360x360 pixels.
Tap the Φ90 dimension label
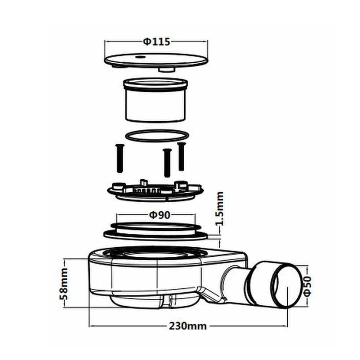coord(159,215)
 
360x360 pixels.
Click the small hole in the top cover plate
coord(139,57)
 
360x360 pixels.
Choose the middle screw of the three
coord(167,162)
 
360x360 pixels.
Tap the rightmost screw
coord(181,156)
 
